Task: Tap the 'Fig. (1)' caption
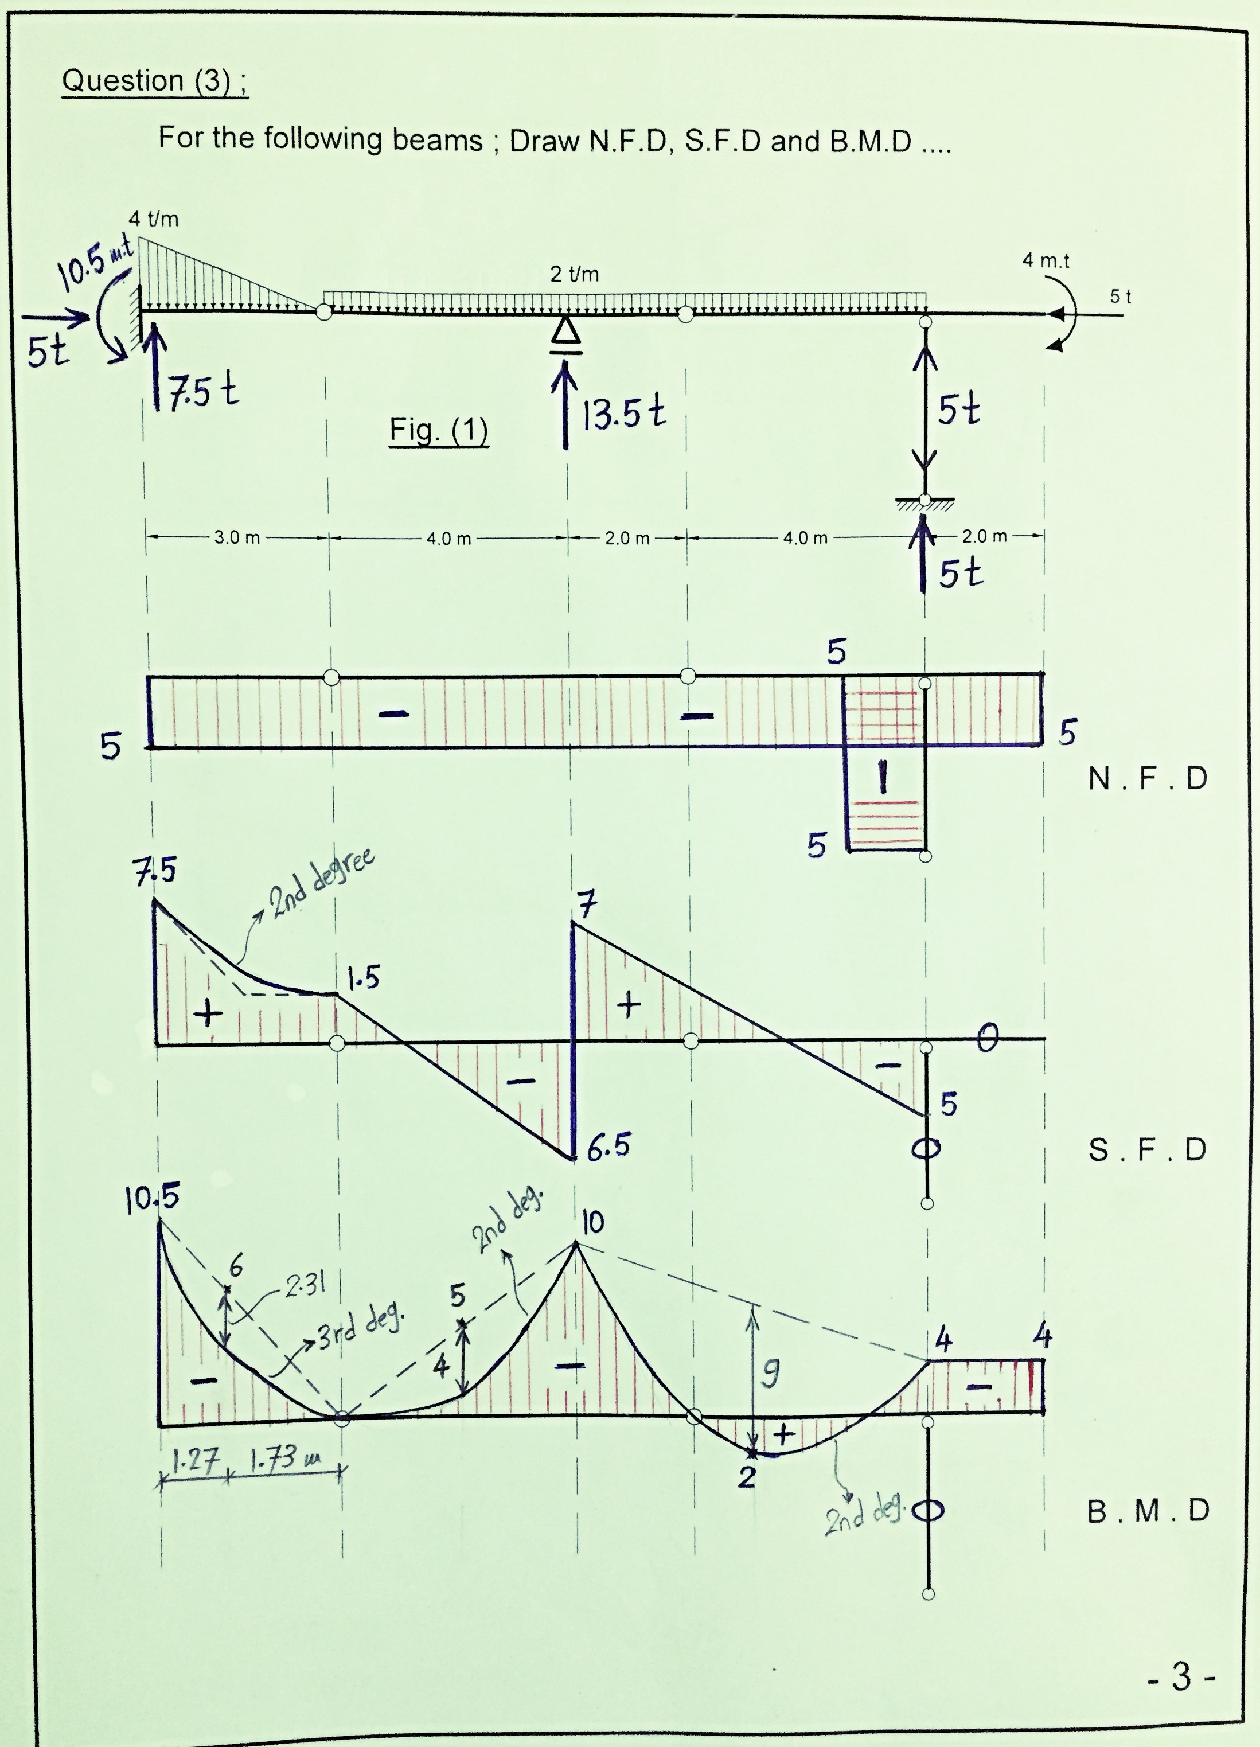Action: pyautogui.click(x=438, y=430)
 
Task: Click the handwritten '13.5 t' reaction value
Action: pyautogui.click(x=622, y=415)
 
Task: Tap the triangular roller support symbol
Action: pyautogui.click(x=566, y=330)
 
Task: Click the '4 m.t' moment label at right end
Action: pyautogui.click(x=1046, y=261)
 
